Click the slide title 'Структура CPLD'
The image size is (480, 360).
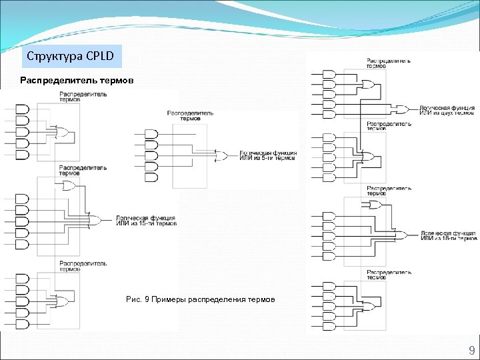pyautogui.click(x=71, y=55)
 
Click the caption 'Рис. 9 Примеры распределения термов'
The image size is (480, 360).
pyautogui.click(x=200, y=299)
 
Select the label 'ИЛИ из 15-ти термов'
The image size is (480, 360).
pyautogui.click(x=147, y=223)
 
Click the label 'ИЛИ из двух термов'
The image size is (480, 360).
pyautogui.click(x=447, y=113)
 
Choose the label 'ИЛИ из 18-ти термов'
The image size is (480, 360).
pyautogui.click(x=449, y=238)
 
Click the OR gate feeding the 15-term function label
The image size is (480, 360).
pyautogui.click(x=94, y=219)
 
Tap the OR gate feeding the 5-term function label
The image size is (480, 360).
pyautogui.click(x=219, y=156)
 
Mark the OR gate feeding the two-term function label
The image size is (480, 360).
pyautogui.click(x=402, y=109)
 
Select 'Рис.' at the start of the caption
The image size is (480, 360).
pyautogui.click(x=133, y=299)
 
